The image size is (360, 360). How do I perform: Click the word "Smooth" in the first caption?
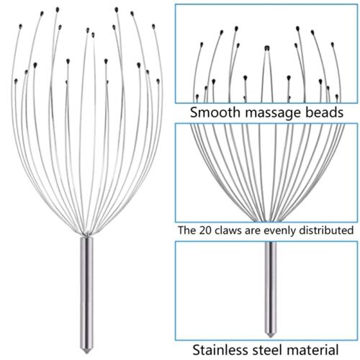point(215,112)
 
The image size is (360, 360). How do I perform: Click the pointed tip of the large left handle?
point(86,353)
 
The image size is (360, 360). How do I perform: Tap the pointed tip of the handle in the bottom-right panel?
point(271,337)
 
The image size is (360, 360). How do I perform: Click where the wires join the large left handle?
point(86,234)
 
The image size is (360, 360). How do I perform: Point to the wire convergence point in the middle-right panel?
point(268,220)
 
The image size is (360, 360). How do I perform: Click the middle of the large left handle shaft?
point(86,293)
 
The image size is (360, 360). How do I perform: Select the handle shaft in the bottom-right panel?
point(271,288)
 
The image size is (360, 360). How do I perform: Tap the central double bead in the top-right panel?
point(267,48)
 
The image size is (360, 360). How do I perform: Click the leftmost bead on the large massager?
point(16,81)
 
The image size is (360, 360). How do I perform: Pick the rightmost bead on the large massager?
point(158,81)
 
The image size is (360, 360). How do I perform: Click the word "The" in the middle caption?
point(187,230)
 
